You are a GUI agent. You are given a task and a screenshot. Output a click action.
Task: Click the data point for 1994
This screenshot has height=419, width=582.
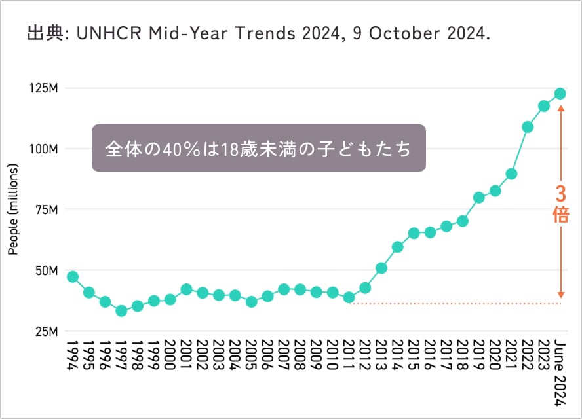(x=73, y=276)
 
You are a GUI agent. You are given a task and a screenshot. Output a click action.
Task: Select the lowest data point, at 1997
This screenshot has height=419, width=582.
(x=121, y=310)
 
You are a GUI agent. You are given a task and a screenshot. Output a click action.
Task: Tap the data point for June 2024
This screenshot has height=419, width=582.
(x=560, y=94)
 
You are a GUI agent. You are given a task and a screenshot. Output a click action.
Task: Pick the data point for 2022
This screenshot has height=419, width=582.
(x=528, y=127)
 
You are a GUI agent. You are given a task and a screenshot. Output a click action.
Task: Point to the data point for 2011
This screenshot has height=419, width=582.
(x=349, y=297)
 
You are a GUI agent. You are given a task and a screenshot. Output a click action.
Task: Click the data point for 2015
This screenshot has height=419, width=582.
(x=414, y=233)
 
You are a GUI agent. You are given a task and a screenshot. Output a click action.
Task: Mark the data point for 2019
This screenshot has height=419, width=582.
(x=479, y=197)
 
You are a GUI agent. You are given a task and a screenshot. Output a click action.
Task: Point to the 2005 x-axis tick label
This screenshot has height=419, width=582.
(x=252, y=355)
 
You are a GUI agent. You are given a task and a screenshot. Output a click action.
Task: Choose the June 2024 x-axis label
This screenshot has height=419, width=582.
(x=560, y=364)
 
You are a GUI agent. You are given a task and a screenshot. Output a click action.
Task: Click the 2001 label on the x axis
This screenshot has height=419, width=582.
(x=187, y=355)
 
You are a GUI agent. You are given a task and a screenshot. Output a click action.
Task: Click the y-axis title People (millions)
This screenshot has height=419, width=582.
(x=13, y=209)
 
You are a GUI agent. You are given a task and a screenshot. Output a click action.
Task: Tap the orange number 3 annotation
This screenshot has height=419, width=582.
(x=560, y=194)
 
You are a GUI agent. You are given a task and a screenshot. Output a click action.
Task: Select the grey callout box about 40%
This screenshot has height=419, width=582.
(x=259, y=149)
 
